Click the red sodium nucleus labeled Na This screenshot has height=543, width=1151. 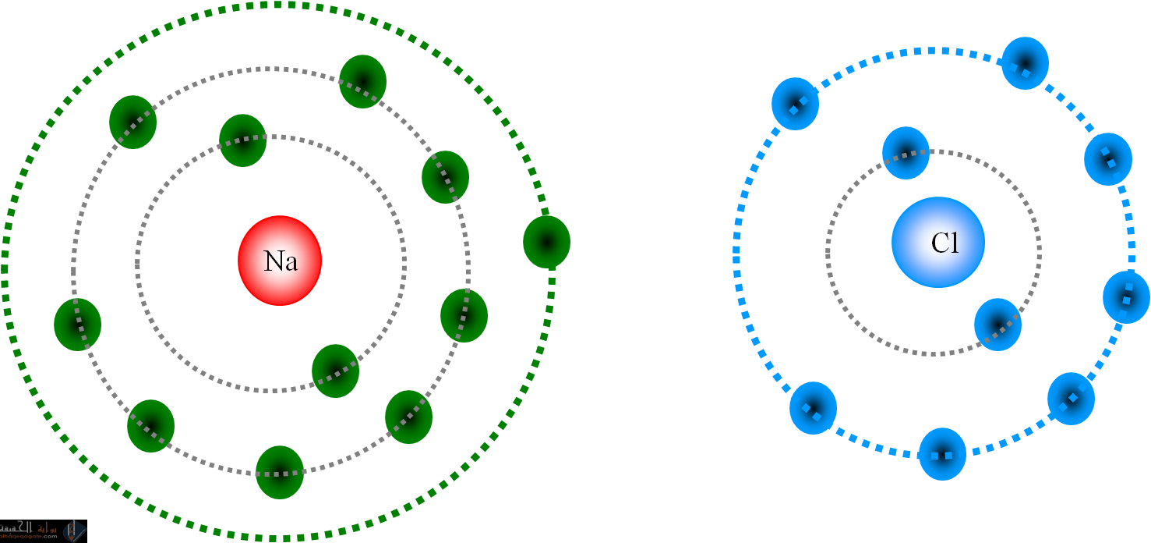(280, 260)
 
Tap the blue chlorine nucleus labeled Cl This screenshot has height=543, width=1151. (937, 242)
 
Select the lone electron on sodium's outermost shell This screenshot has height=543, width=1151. (546, 242)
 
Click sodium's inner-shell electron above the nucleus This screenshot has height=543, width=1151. (242, 140)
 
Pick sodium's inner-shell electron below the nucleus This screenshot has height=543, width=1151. (335, 371)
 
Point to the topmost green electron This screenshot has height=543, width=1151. (362, 81)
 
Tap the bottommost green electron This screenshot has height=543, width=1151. (279, 472)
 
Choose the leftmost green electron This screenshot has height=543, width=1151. (77, 324)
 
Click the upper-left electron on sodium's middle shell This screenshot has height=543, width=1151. (132, 122)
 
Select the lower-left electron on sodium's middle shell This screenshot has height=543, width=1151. (150, 425)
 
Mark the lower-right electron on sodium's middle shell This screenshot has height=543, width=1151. (408, 417)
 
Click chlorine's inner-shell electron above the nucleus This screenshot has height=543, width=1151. (906, 153)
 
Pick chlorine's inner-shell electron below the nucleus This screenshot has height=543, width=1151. (997, 324)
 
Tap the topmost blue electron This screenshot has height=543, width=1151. (1025, 63)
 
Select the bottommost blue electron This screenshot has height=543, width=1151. (942, 453)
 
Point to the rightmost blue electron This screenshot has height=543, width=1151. (1126, 296)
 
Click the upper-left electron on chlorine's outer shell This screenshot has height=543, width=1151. (795, 104)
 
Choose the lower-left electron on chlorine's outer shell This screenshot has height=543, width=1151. (813, 408)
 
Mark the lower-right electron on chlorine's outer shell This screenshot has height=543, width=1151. (1071, 399)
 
